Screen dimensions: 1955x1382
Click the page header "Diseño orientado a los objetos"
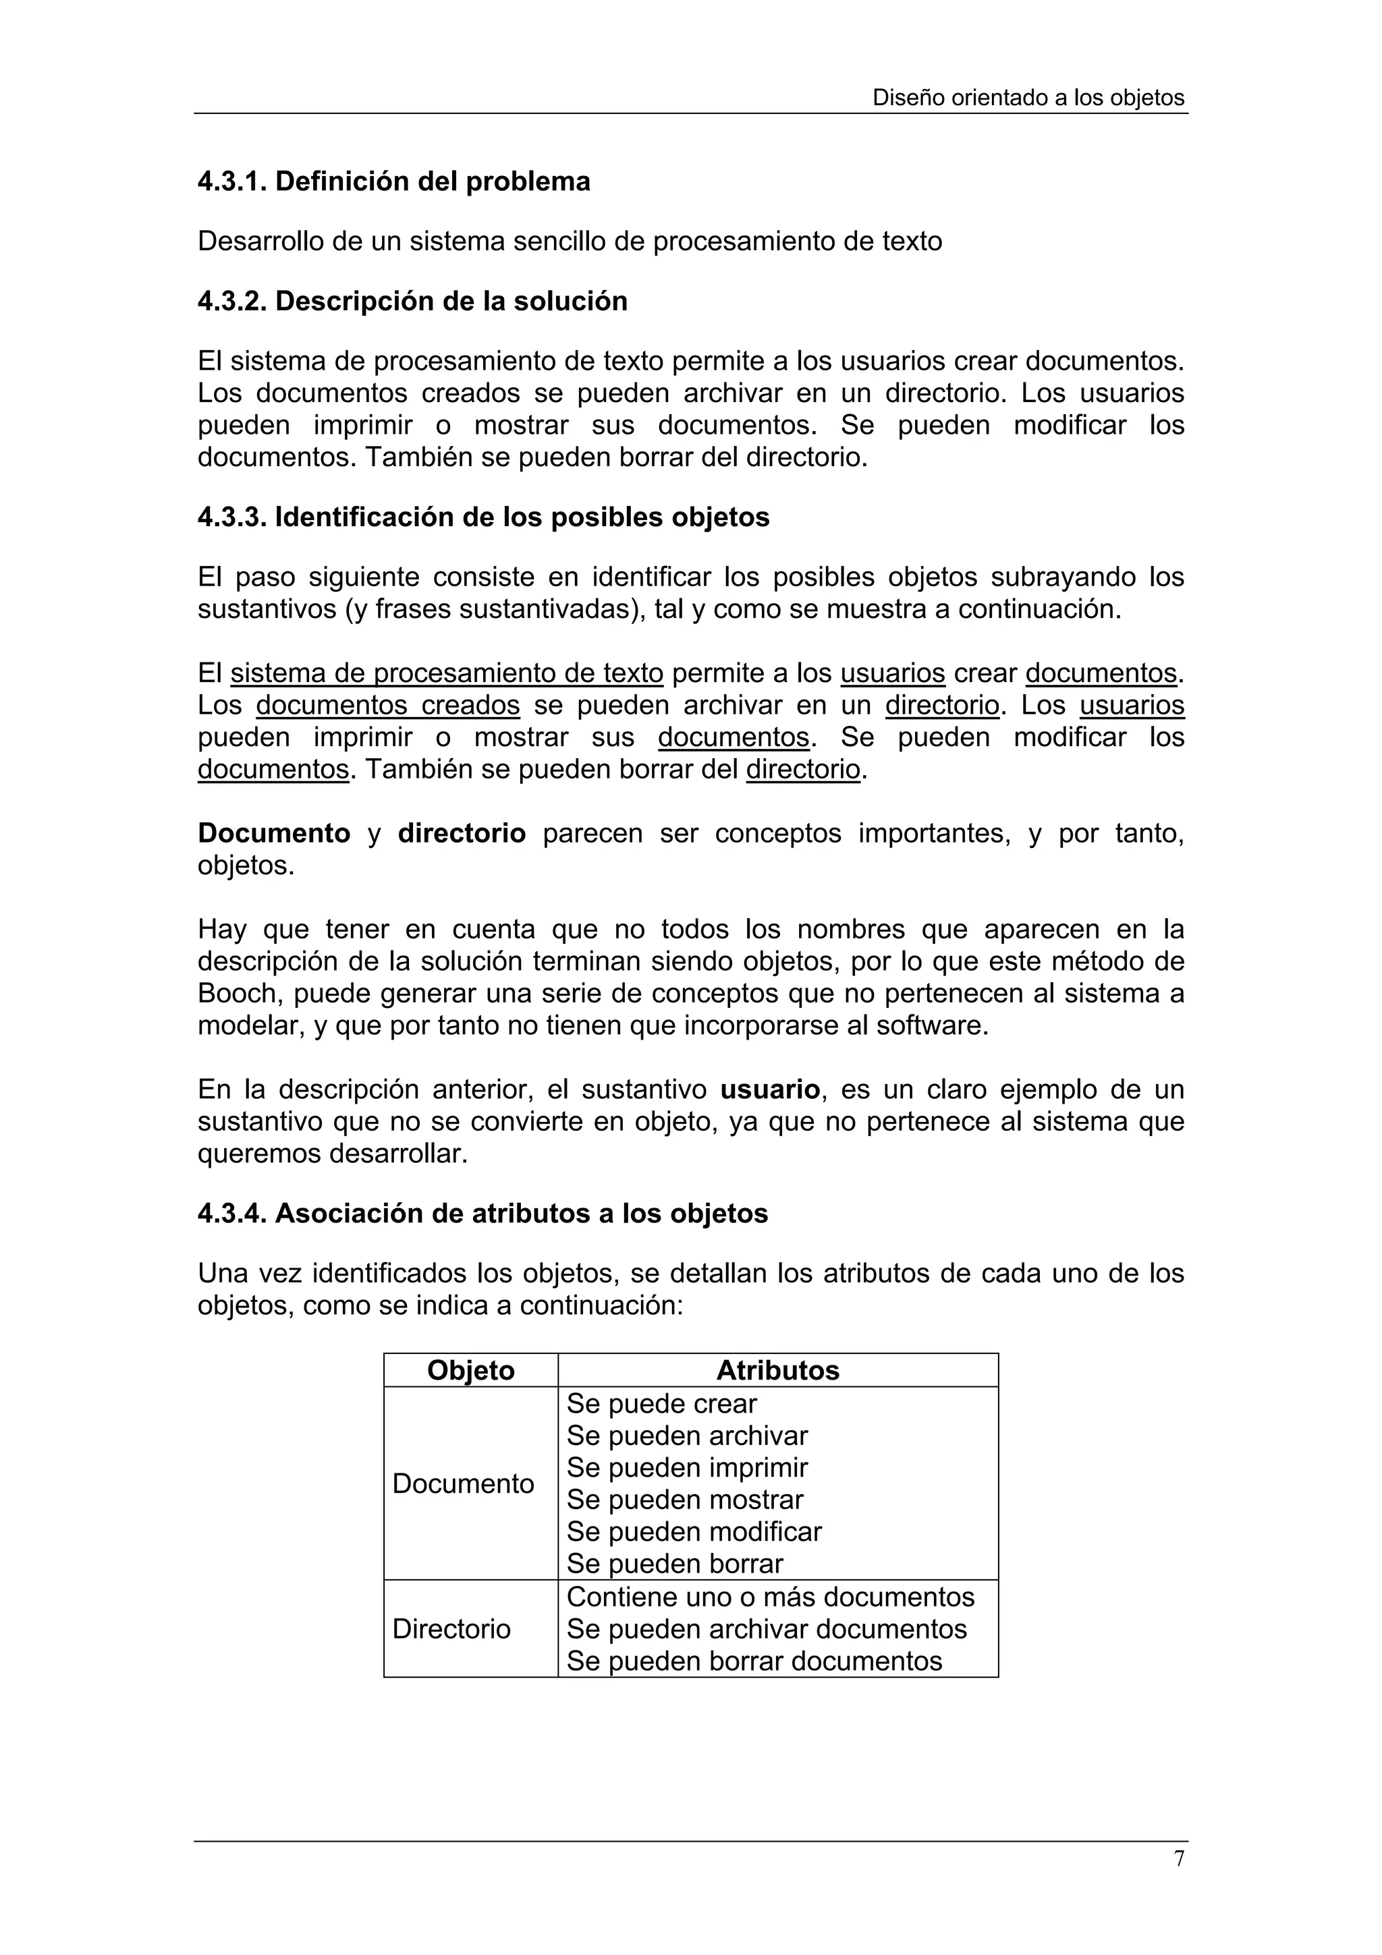click(x=1028, y=98)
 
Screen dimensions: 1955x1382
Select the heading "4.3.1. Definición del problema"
click(x=393, y=181)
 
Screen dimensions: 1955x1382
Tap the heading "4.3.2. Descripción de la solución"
click(x=412, y=302)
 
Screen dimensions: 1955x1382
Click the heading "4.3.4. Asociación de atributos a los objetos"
click(x=482, y=1214)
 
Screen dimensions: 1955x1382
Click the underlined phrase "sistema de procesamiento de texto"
click(x=446, y=673)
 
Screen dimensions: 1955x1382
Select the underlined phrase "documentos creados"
click(x=387, y=706)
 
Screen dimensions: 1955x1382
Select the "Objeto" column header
click(x=470, y=1370)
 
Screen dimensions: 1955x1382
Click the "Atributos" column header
click(x=777, y=1370)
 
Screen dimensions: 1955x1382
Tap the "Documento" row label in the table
click(x=462, y=1483)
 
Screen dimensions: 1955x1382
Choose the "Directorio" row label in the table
click(x=451, y=1629)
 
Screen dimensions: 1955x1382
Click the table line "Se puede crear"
click(x=661, y=1404)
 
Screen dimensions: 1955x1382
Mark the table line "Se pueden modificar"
click(x=694, y=1532)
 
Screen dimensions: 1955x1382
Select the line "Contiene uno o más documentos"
click(x=770, y=1597)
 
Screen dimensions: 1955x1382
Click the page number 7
click(x=1178, y=1859)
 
